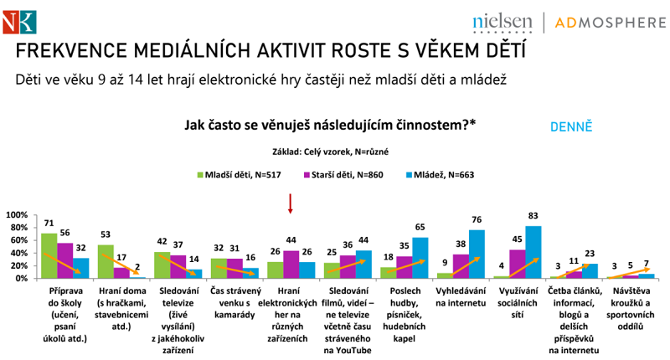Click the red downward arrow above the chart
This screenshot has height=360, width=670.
pyautogui.click(x=290, y=204)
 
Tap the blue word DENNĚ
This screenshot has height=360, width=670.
pyautogui.click(x=571, y=127)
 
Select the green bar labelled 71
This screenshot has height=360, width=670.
pyautogui.click(x=49, y=255)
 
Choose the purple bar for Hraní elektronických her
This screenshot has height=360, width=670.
pyautogui.click(x=290, y=264)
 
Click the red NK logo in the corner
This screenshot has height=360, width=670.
pyautogui.click(x=17, y=17)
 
